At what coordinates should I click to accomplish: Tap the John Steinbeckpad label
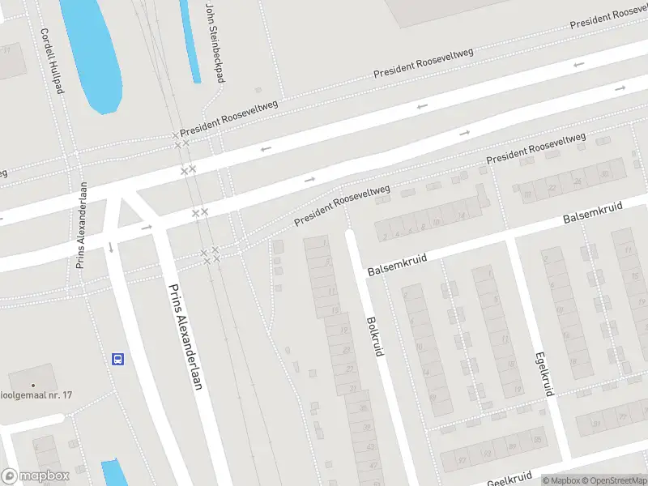coord(214,42)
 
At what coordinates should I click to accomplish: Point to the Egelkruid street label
coord(544,373)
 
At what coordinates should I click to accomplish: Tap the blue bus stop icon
coord(118,359)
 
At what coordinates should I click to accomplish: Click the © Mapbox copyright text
coord(564,480)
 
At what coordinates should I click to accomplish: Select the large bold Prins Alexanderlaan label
coord(184,337)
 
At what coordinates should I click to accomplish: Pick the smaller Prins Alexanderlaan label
coord(81,235)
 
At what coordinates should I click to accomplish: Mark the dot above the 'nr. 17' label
coord(33,385)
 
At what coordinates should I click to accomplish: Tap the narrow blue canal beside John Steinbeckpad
coord(191,40)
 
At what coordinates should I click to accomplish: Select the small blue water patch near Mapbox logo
coord(114,473)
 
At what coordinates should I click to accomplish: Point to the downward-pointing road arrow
coord(109,246)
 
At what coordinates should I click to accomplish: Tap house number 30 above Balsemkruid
coord(603,173)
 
